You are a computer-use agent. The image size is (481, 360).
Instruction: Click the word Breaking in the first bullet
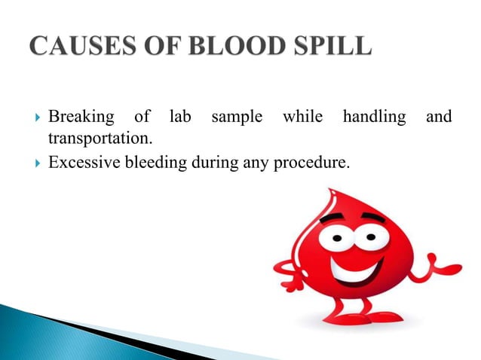[x=81, y=117]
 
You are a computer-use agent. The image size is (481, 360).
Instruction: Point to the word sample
[x=237, y=117]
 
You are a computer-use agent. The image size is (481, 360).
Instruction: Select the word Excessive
[x=82, y=161]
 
